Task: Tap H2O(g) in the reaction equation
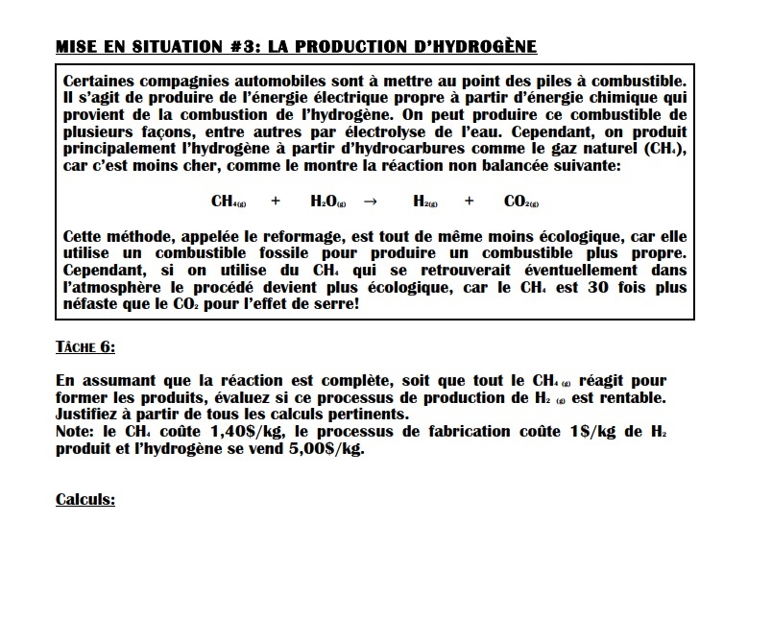pyautogui.click(x=329, y=202)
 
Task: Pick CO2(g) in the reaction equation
pyautogui.click(x=520, y=202)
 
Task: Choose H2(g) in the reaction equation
pyautogui.click(x=425, y=202)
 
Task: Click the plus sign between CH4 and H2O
pyautogui.click(x=276, y=202)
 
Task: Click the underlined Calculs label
pyautogui.click(x=85, y=499)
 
